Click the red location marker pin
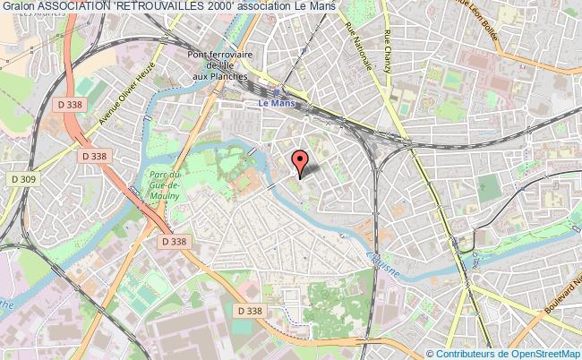click(300, 161)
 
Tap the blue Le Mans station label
click(275, 103)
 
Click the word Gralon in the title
click(19, 7)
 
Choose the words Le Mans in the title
click(316, 7)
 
